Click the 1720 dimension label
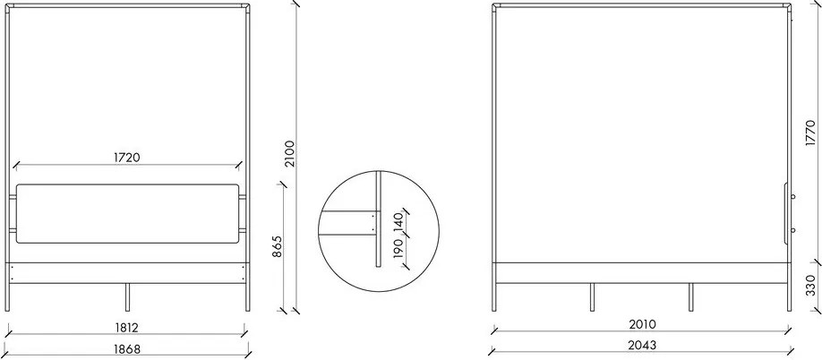coord(127,157)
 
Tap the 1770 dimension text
coord(809,133)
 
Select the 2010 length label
coord(641,323)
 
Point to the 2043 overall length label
coord(641,346)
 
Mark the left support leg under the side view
coord(591,297)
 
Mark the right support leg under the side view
coord(690,297)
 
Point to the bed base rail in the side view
coord(641,274)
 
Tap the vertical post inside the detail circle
coord(379,219)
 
